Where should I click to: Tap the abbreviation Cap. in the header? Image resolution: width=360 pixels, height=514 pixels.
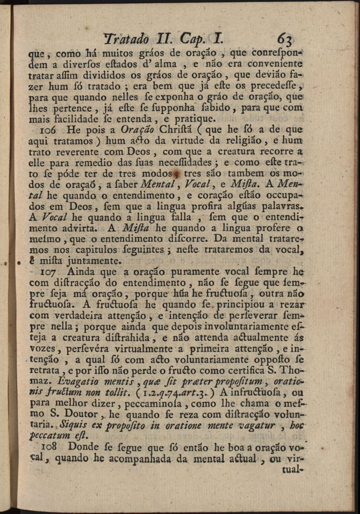click(195, 39)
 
